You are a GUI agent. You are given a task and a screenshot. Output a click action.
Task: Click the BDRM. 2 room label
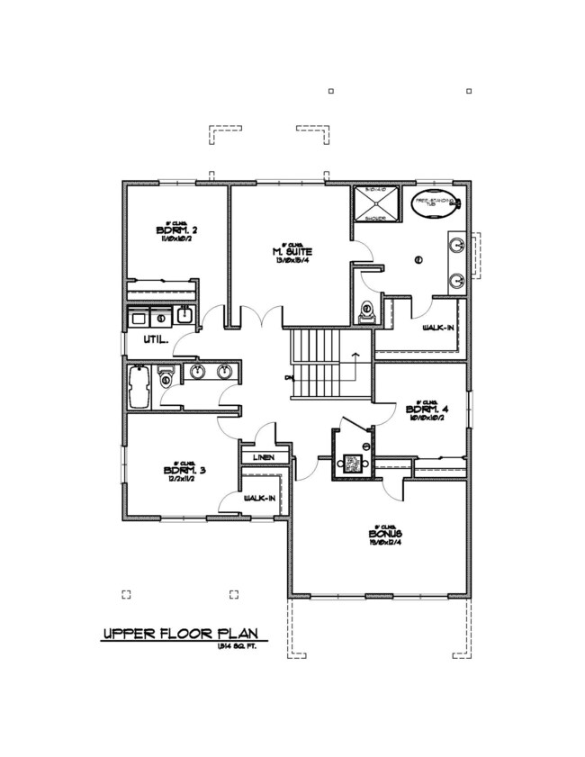tap(176, 230)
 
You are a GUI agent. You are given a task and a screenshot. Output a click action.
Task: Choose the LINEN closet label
tap(265, 458)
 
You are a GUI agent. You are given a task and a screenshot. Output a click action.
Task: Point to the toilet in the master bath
tap(365, 311)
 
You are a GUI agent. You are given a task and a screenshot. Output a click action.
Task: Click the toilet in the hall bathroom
tap(166, 378)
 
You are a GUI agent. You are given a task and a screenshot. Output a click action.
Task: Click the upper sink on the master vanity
tap(456, 244)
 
